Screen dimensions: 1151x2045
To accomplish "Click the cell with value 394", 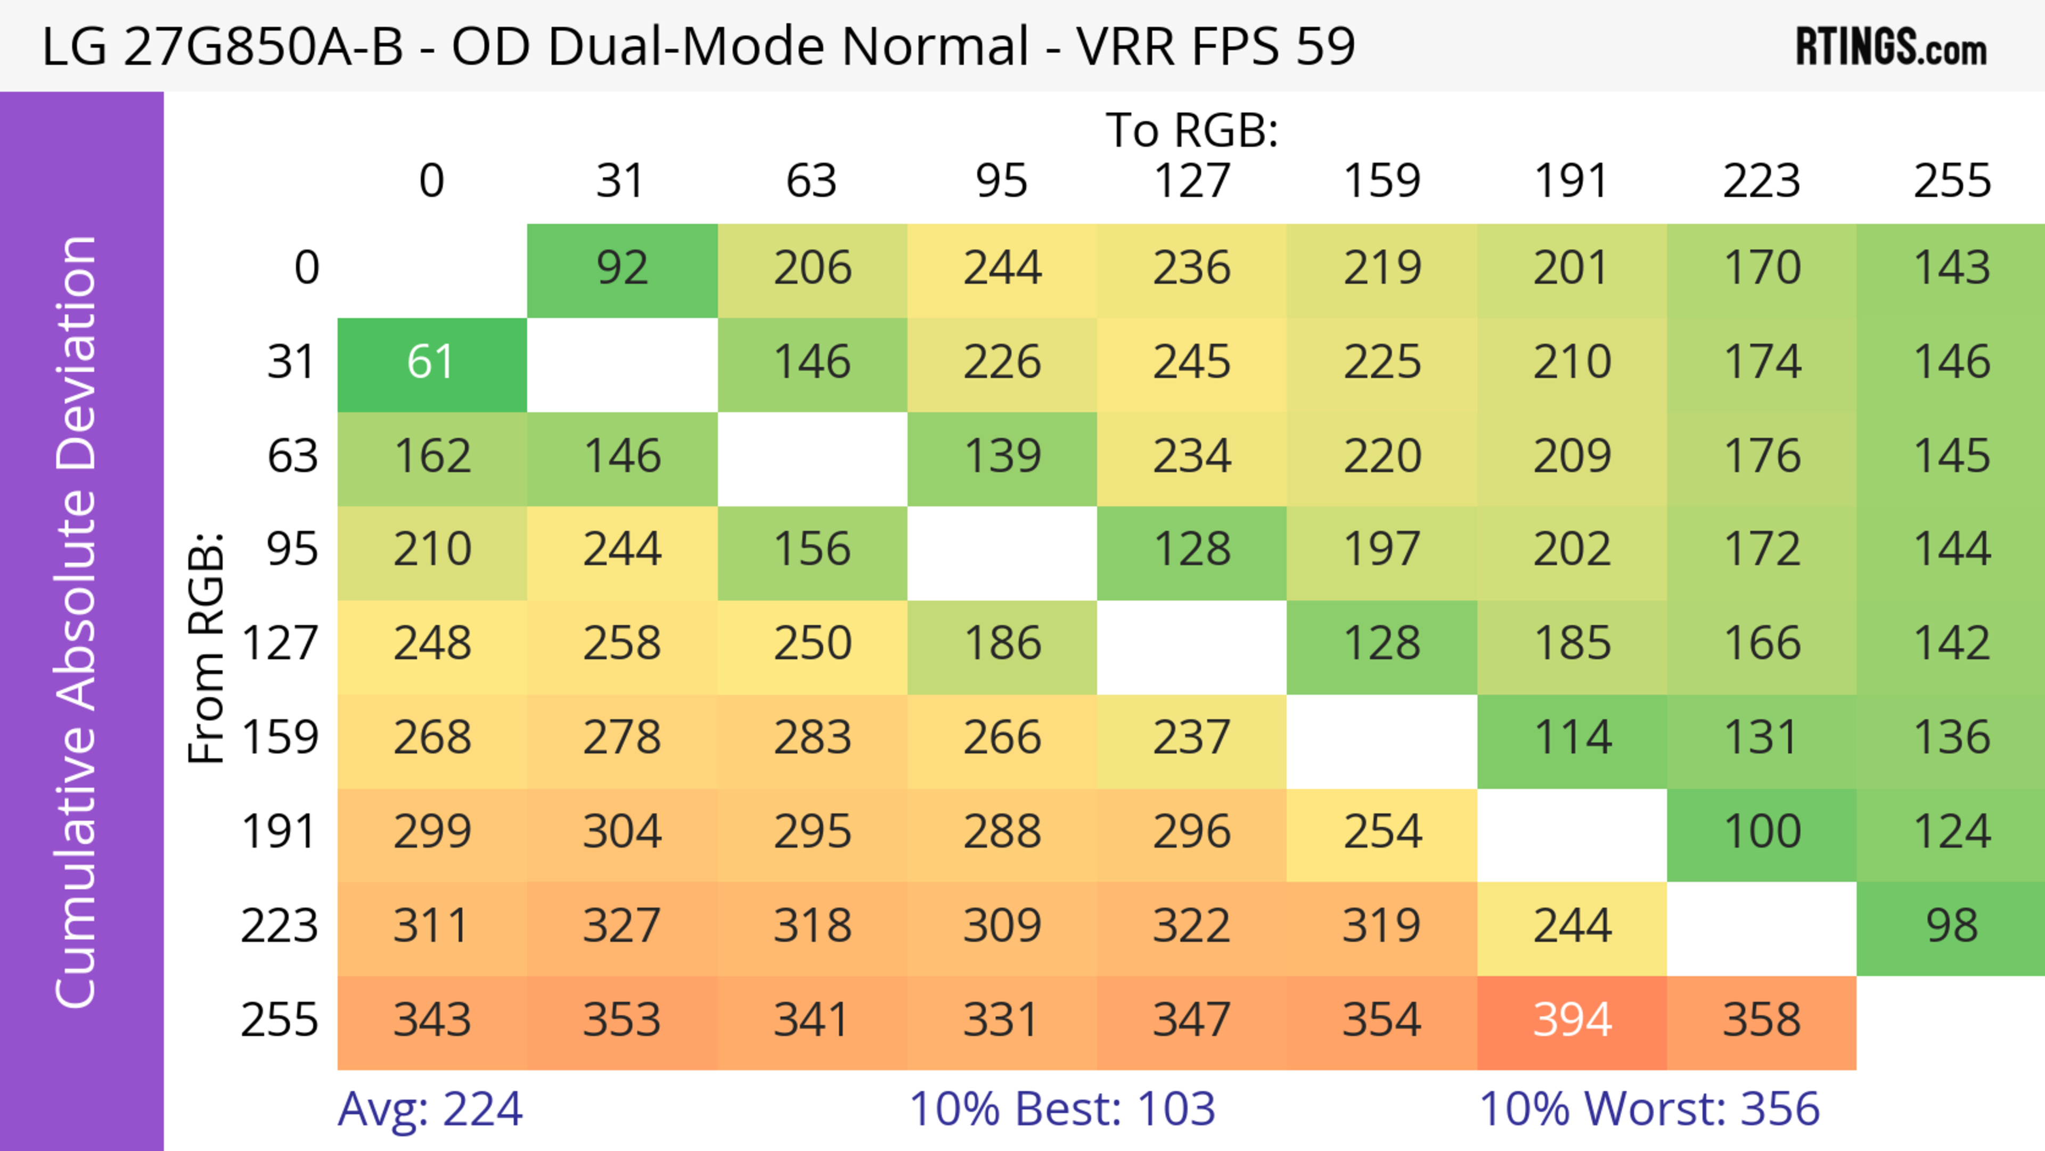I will (1572, 1020).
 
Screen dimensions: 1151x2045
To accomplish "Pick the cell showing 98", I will (1951, 926).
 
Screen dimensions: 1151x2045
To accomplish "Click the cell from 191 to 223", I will (1762, 832).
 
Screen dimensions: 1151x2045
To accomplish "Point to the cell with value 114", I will (1572, 738).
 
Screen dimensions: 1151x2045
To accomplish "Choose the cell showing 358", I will (1762, 1020).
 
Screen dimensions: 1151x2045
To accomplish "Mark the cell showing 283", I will (812, 738).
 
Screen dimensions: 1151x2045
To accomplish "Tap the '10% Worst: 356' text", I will (1649, 1109).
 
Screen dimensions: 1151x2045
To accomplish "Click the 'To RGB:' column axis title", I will (1192, 130).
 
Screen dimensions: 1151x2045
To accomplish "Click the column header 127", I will (1192, 181).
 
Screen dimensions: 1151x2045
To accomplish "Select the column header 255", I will (1951, 181).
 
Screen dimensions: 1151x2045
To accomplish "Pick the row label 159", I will (280, 738).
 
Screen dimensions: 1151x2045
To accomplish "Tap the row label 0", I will (306, 268).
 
